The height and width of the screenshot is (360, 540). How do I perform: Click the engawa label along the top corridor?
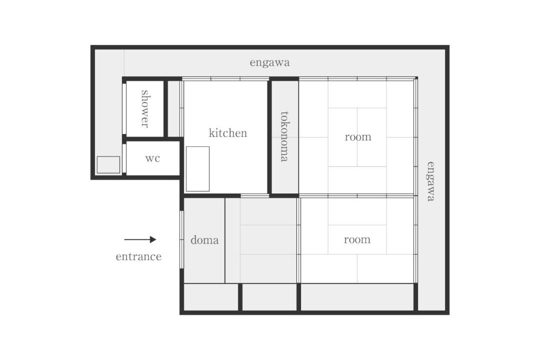pos(269,62)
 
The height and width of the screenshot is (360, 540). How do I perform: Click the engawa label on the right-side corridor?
pos(431,181)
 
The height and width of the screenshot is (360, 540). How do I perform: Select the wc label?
pos(152,158)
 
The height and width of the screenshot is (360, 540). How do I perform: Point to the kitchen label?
pos(228,133)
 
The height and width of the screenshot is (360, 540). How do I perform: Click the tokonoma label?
pos(284,136)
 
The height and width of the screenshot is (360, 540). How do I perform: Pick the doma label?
pos(204,240)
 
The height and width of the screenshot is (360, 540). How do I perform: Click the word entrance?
pos(138,256)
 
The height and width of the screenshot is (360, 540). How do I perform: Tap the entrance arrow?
pos(140,239)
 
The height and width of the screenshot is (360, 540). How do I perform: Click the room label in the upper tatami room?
pos(358,137)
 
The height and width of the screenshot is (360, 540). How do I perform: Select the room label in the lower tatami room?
pos(357,239)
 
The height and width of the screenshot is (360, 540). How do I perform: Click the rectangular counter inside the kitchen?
pos(197,169)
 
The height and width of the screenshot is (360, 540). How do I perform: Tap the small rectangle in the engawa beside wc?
pos(108,164)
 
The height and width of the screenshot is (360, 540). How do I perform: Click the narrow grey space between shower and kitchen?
pos(173,109)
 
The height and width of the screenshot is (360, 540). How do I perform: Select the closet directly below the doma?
pos(211,297)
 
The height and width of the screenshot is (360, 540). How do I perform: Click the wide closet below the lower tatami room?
pos(357,297)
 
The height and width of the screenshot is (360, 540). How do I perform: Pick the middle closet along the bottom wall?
pos(269,297)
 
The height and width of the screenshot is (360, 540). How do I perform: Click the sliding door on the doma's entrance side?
pos(181,239)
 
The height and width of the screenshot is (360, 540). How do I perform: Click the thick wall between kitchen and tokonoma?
pos(269,137)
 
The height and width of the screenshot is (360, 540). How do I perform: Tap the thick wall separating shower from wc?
pos(151,139)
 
